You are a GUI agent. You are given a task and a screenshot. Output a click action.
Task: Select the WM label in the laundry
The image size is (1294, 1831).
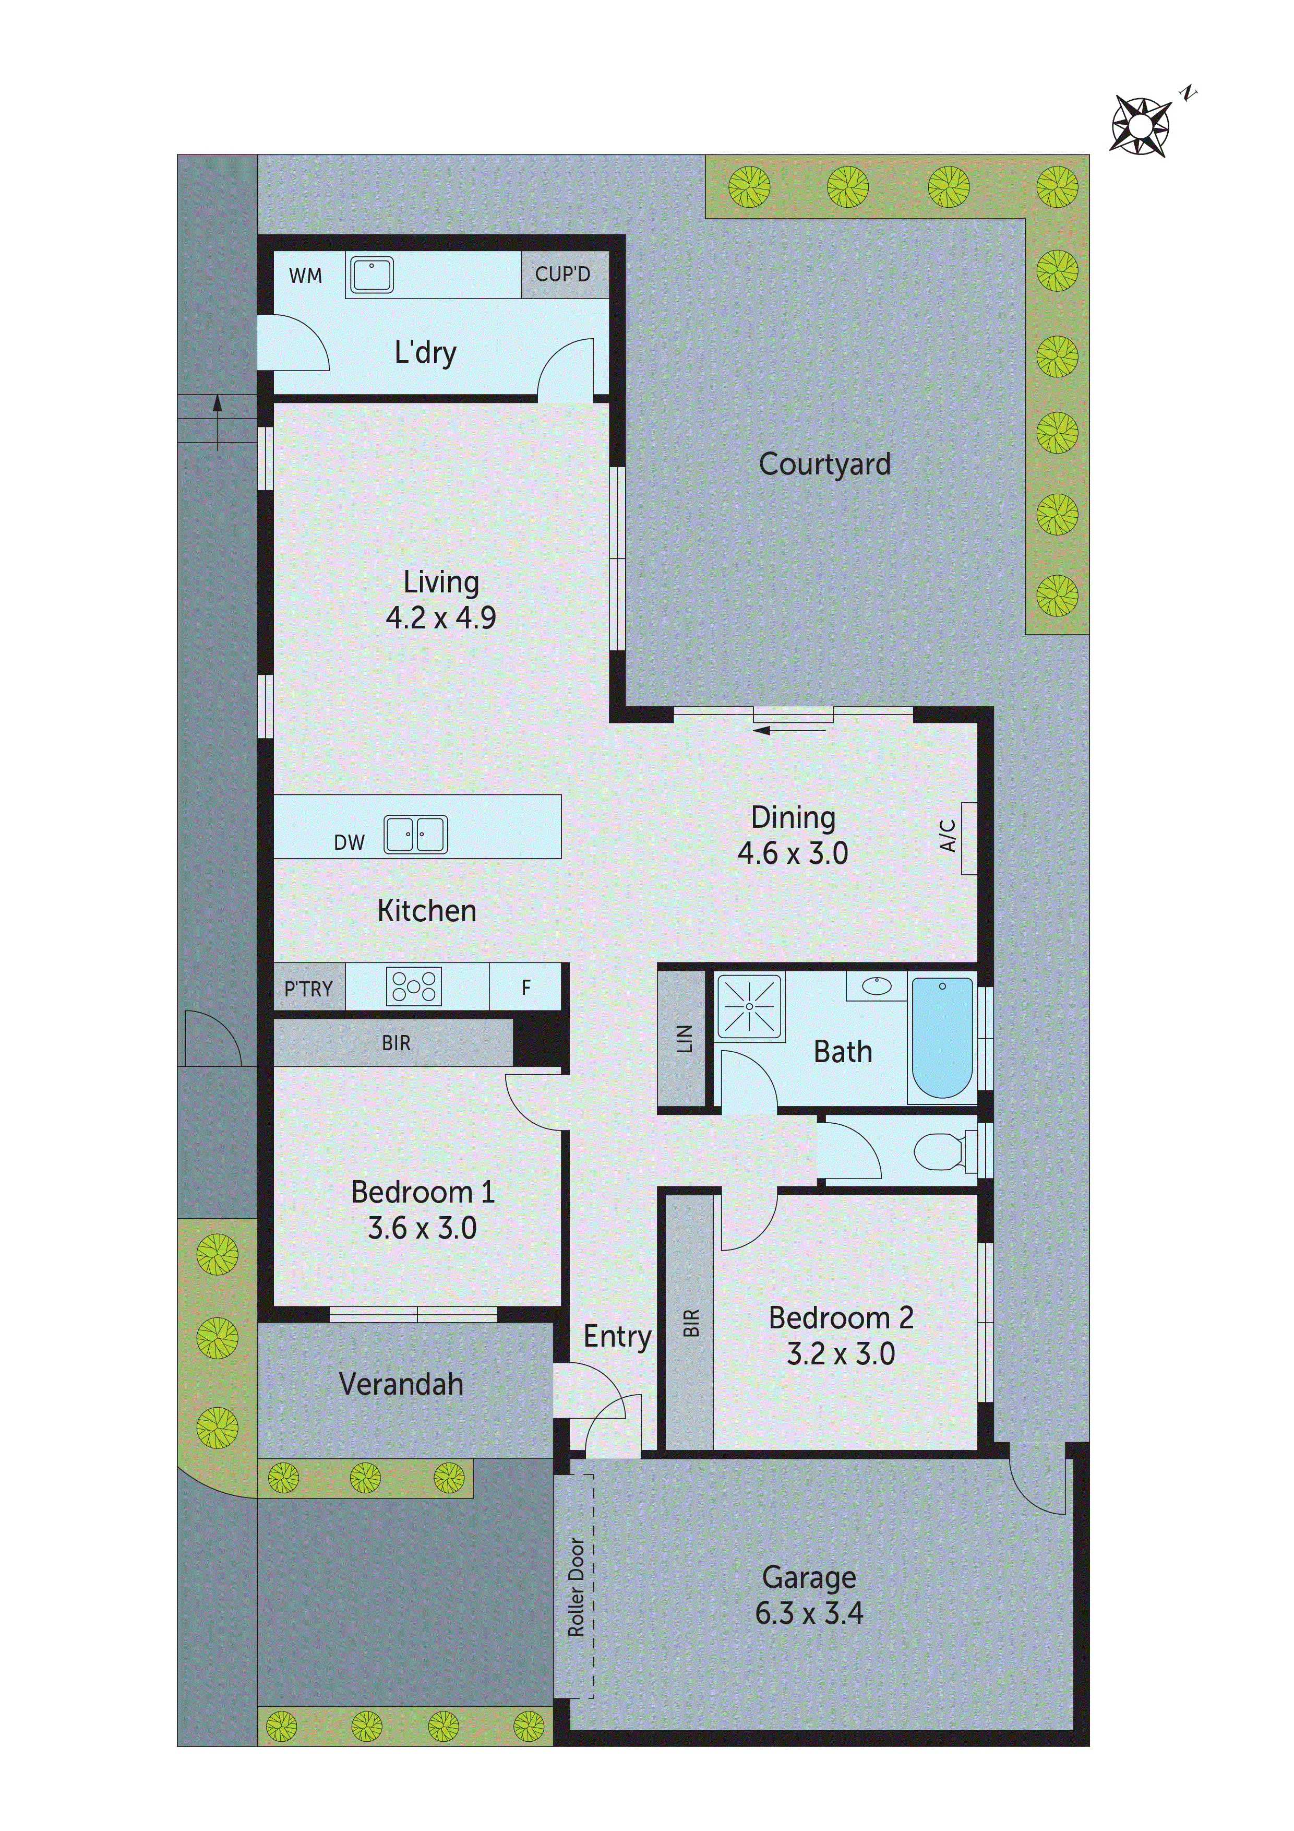pyautogui.click(x=305, y=276)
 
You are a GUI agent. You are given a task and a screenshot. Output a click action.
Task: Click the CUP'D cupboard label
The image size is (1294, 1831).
pyautogui.click(x=563, y=275)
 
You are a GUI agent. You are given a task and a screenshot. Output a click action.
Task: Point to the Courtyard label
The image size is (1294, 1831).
pyautogui.click(x=824, y=464)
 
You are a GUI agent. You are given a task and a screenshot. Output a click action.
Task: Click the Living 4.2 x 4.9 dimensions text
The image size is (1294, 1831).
pyautogui.click(x=441, y=618)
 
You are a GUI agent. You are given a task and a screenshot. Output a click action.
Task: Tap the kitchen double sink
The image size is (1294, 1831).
pyautogui.click(x=415, y=835)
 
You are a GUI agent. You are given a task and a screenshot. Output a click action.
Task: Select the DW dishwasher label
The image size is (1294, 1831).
pyautogui.click(x=349, y=843)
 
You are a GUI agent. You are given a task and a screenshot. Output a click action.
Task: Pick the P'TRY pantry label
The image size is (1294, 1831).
pyautogui.click(x=308, y=989)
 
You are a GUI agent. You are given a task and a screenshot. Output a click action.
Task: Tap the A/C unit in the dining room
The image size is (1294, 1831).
pyautogui.click(x=968, y=837)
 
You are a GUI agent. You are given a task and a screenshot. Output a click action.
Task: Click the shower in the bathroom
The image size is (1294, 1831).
pyautogui.click(x=749, y=1006)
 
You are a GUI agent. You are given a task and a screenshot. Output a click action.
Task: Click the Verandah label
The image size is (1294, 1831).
pyautogui.click(x=401, y=1384)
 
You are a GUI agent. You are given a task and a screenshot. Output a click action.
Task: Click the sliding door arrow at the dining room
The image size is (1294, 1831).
pyautogui.click(x=789, y=729)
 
